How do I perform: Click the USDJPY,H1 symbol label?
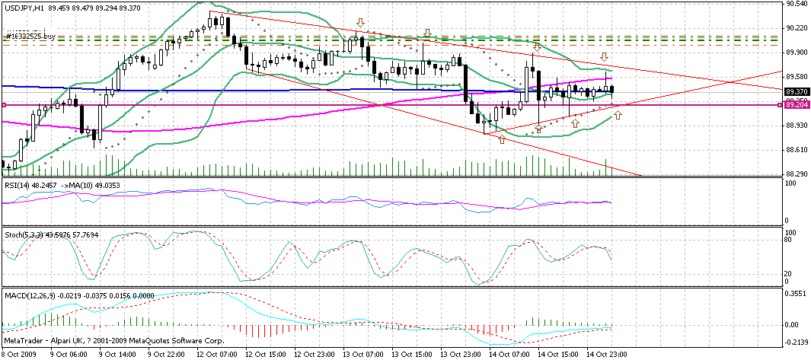coord(22,7)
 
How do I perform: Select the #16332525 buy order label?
coord(31,36)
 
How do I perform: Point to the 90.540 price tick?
coord(797,5)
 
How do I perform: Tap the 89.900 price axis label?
coord(797,53)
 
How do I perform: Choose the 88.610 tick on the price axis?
coord(797,149)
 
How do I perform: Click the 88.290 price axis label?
coord(797,174)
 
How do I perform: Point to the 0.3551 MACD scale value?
coord(797,294)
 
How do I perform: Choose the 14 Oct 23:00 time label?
coord(606,355)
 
